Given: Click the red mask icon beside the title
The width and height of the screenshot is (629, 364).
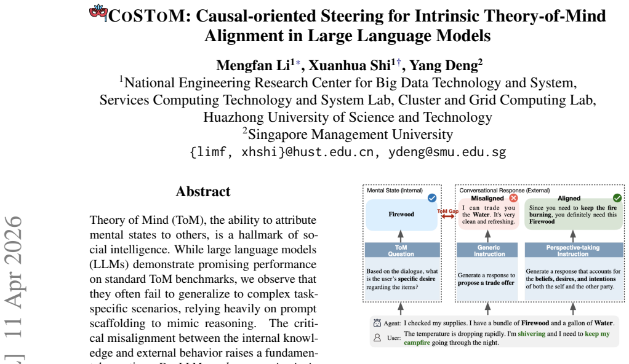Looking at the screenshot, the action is [98, 13].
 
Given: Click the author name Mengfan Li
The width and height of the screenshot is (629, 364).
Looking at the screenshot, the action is [253, 65].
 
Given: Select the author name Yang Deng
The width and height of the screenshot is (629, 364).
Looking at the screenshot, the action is [443, 65].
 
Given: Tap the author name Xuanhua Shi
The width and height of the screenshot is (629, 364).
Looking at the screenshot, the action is [349, 65].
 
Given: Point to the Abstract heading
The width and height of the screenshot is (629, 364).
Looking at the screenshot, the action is [203, 192].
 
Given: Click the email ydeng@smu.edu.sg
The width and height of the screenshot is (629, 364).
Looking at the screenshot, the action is [447, 152].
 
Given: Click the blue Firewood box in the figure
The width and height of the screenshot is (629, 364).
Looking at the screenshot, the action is [401, 215].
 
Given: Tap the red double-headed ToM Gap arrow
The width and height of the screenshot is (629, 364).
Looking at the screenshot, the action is [448, 216].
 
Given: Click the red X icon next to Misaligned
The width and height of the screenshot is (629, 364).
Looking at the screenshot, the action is [513, 198].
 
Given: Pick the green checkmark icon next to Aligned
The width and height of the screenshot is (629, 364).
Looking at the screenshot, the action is [617, 198].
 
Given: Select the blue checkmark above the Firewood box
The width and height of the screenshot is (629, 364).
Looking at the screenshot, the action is [432, 198].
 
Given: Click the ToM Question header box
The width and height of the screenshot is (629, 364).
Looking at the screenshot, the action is [402, 250].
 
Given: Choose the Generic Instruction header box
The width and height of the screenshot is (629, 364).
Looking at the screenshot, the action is [489, 250].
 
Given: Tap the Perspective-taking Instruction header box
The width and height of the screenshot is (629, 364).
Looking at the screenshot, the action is [574, 250].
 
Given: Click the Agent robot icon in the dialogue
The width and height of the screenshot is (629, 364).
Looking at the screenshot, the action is [377, 323].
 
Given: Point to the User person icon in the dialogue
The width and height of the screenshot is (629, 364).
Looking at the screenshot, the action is [377, 338].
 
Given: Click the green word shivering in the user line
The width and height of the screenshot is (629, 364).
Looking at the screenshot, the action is [532, 333].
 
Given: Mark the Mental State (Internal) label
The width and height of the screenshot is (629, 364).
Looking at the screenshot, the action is [395, 191].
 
